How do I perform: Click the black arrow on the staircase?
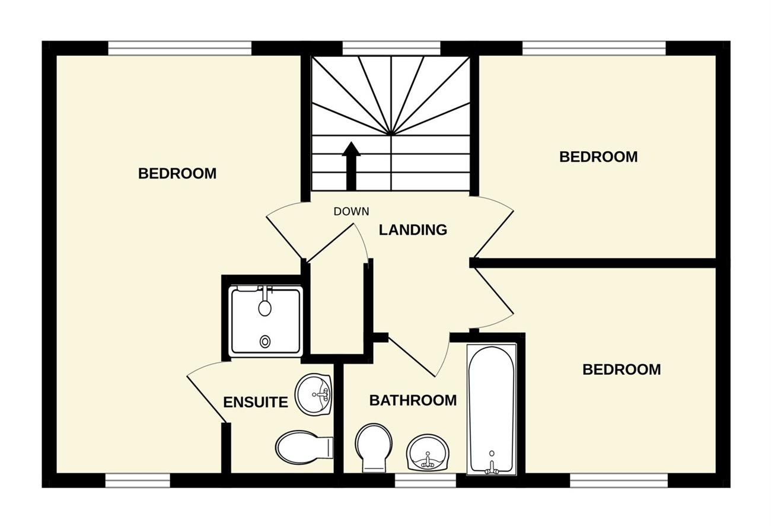(351, 166)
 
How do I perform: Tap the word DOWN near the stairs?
(351, 211)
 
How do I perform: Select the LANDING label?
(413, 230)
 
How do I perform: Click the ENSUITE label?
(256, 402)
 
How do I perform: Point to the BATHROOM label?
(413, 400)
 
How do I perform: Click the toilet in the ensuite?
(304, 448)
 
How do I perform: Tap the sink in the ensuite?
(314, 394)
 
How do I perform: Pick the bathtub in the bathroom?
(492, 409)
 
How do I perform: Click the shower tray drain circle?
(265, 342)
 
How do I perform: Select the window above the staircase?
(391, 48)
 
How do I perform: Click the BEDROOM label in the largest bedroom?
(177, 174)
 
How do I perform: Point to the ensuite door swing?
(206, 393)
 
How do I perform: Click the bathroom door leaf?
(412, 356)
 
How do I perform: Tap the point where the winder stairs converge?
(390, 134)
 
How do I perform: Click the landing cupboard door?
(330, 243)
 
